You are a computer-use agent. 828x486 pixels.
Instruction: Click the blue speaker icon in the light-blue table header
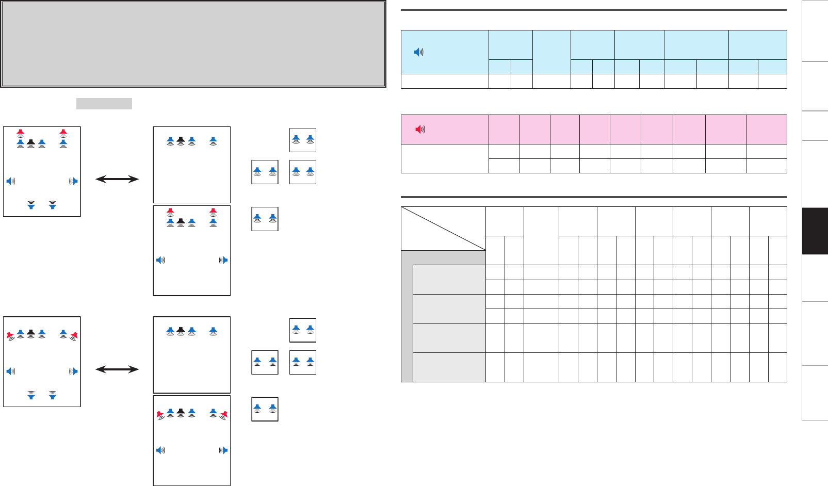pos(419,52)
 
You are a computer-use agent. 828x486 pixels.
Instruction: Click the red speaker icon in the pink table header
pos(420,129)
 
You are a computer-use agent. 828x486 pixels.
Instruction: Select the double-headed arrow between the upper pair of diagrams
pos(117,179)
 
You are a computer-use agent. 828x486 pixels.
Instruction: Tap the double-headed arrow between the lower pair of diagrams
pos(117,369)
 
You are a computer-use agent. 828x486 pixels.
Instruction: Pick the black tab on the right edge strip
pos(815,231)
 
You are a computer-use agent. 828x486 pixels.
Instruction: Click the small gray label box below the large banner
pos(104,104)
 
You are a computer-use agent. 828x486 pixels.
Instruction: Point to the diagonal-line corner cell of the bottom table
pos(443,229)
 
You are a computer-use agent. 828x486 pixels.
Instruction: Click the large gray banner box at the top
pos(193,43)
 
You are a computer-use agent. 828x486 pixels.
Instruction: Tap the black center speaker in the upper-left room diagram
pos(31,143)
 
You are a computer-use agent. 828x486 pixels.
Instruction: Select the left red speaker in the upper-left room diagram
pos(20,133)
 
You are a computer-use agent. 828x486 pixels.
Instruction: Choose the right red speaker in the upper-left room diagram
pos(63,133)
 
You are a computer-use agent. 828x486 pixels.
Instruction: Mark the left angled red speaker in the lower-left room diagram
pos(10,336)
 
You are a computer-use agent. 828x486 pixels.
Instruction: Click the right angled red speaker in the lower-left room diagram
pos(74,336)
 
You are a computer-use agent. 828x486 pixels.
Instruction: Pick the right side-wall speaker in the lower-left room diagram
pos(74,371)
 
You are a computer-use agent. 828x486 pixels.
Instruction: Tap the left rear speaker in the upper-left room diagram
pos(31,205)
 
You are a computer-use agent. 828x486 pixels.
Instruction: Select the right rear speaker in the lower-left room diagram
pos(52,395)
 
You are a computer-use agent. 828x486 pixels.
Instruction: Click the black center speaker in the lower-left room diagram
pos(31,333)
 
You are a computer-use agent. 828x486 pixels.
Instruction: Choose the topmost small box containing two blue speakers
pos(303,140)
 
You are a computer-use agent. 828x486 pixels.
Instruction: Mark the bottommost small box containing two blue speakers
pos(265,409)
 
